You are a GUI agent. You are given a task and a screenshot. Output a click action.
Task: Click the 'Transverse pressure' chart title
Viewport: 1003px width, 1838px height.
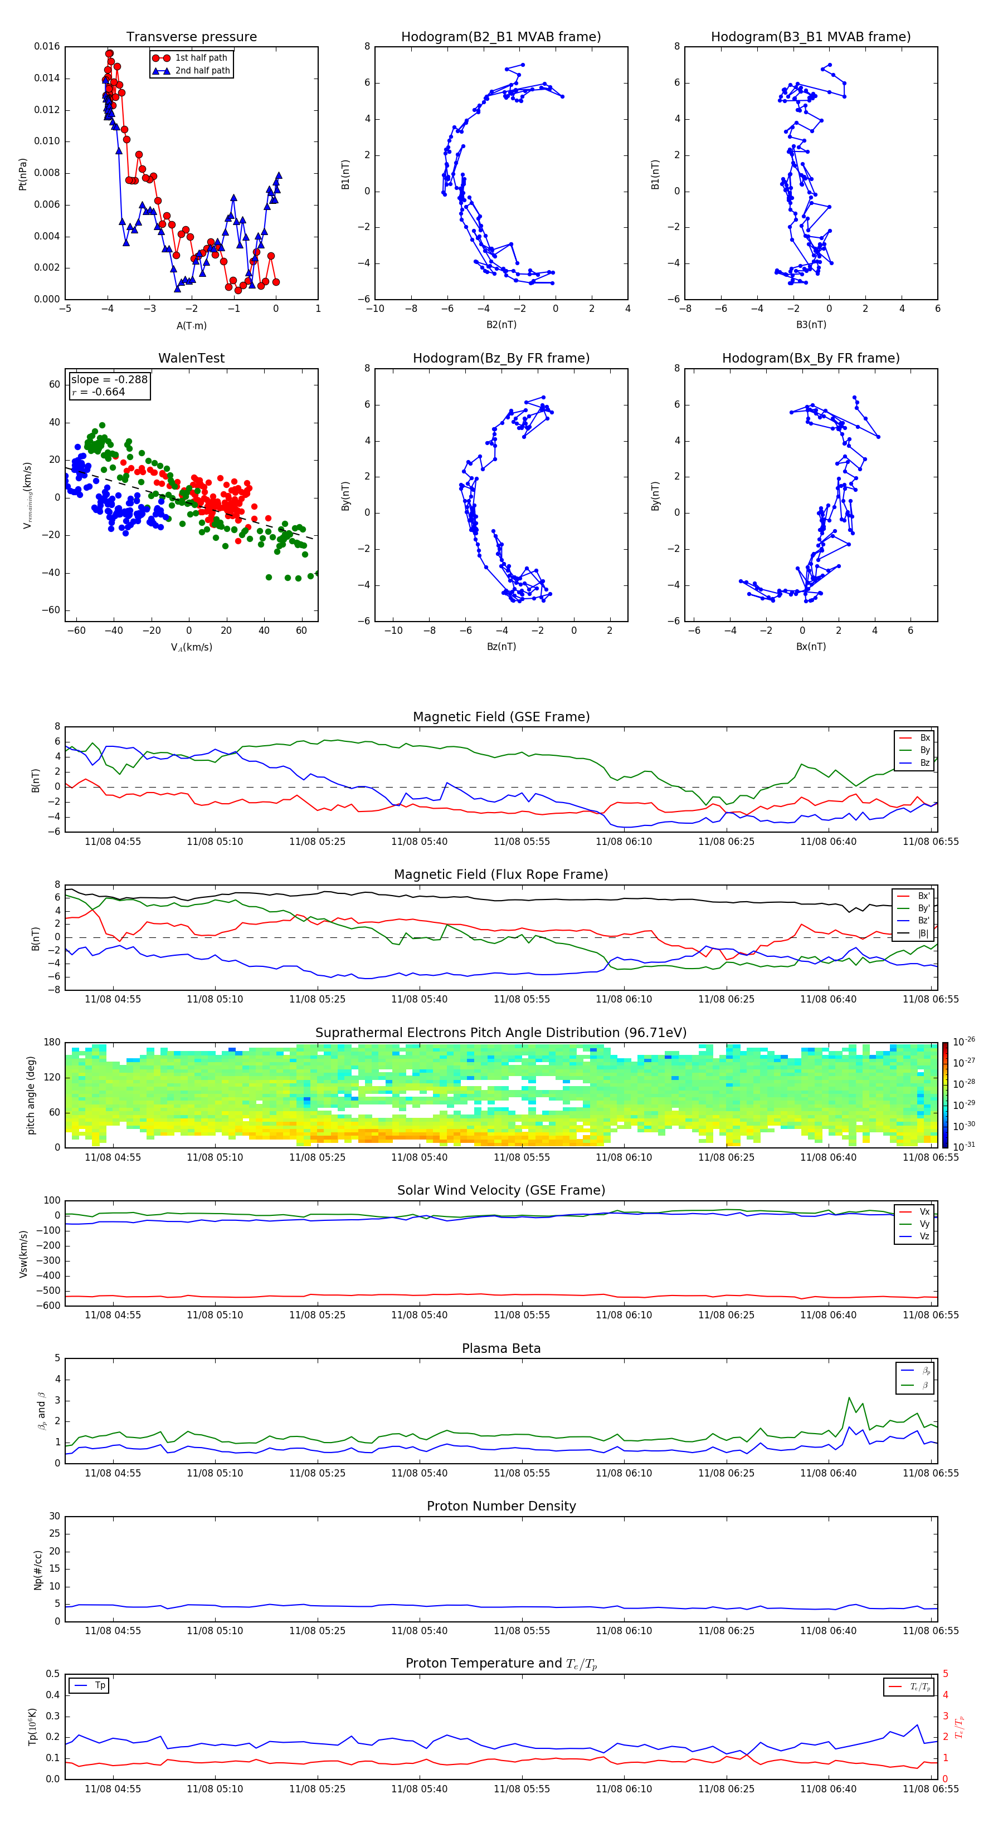191,37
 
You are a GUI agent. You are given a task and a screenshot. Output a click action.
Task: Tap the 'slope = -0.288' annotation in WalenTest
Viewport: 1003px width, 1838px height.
109,380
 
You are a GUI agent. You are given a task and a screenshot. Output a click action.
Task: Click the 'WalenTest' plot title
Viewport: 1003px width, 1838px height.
191,358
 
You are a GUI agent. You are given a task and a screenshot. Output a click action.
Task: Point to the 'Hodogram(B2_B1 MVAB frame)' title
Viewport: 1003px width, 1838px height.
500,37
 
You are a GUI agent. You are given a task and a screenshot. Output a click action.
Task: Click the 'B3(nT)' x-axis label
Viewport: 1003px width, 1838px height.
811,325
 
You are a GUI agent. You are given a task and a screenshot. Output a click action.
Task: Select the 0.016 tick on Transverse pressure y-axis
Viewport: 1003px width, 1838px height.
47,46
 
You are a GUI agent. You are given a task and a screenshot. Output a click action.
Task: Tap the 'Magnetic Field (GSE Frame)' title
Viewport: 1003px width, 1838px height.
501,717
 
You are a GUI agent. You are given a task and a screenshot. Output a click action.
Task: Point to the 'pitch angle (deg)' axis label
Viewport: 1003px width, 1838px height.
31,1095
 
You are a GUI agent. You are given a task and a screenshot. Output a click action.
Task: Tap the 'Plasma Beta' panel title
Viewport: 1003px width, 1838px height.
501,1348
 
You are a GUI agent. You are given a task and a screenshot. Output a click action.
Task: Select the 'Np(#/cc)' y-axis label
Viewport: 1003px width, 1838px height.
38,1570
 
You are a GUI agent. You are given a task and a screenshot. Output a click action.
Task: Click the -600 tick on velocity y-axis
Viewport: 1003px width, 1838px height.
50,1306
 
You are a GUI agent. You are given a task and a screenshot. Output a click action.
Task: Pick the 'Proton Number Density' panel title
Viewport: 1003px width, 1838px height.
501,1506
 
